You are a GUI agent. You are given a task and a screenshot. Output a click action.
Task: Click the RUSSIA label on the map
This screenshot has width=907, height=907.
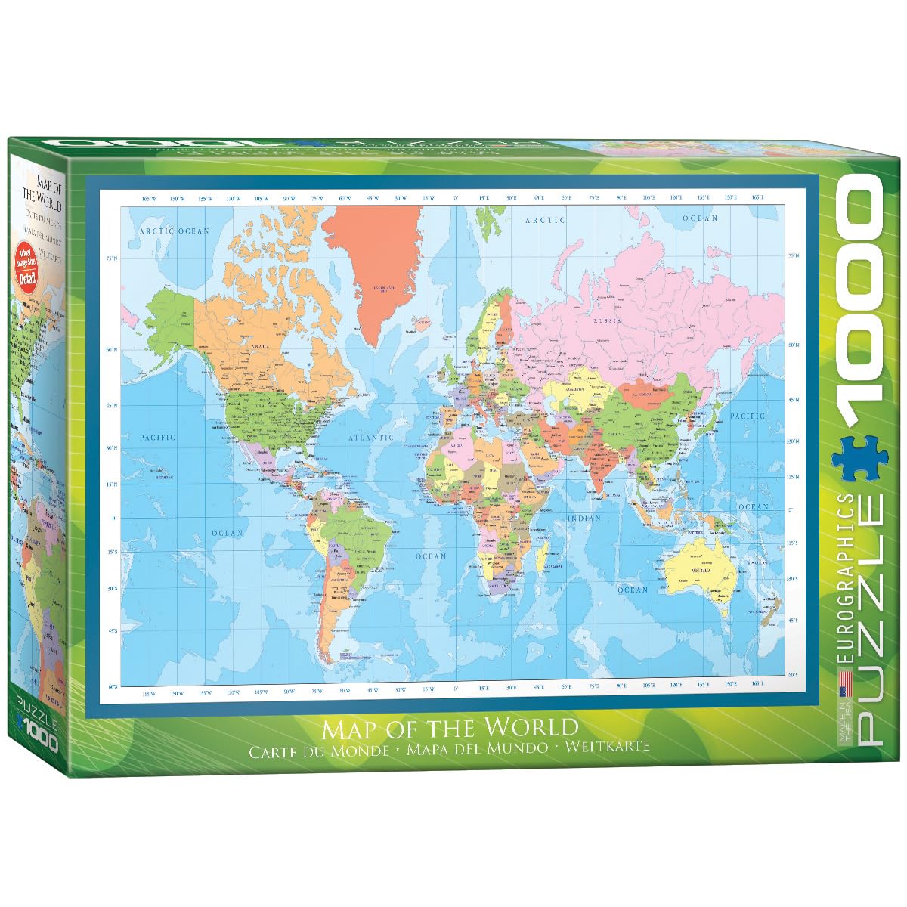[x=607, y=321]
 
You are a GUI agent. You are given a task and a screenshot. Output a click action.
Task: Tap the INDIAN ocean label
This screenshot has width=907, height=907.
[x=584, y=519]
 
